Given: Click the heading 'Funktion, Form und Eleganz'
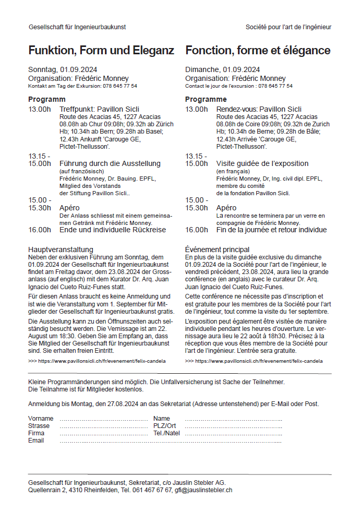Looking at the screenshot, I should [x=101, y=51].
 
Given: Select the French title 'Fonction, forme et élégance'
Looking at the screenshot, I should [x=258, y=51].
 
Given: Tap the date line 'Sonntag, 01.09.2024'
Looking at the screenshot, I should [x=63, y=70].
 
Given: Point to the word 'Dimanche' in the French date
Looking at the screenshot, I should [x=202, y=70].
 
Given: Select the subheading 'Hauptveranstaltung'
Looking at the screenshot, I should [x=61, y=249].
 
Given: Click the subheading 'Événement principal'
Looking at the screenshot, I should [x=217, y=249].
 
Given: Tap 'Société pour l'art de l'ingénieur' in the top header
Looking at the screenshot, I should [x=289, y=27].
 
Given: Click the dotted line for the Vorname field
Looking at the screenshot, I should [x=104, y=419].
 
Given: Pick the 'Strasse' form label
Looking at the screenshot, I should [x=39, y=426].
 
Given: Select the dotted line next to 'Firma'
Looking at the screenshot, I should [x=104, y=433].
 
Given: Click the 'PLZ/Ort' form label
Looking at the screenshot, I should [x=165, y=426].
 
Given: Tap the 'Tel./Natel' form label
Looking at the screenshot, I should [x=166, y=433].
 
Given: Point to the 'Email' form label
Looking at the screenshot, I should [x=36, y=441].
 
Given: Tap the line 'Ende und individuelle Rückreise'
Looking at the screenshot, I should [x=113, y=230].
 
